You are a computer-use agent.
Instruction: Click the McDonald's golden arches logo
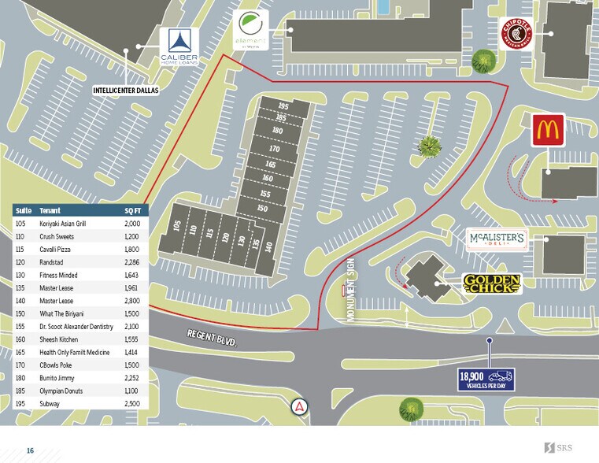(x=548, y=130)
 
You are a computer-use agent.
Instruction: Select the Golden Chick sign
(x=492, y=284)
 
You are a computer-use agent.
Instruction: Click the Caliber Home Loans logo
(x=179, y=46)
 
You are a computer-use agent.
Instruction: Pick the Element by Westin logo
(x=252, y=31)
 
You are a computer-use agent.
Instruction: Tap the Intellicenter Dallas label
(x=126, y=90)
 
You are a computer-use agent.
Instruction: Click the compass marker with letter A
(x=300, y=408)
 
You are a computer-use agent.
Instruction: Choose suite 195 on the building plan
(x=284, y=106)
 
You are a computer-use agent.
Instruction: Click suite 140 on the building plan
(x=268, y=246)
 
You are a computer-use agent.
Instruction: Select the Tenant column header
(x=50, y=210)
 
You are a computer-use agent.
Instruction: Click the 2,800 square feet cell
(x=131, y=301)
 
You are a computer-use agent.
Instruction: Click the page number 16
(x=30, y=450)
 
